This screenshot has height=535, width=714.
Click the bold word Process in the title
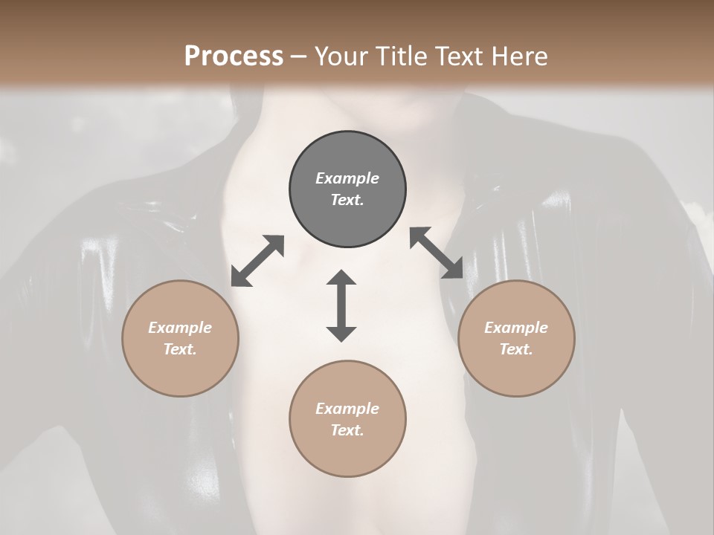point(234,56)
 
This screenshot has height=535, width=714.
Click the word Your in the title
point(342,56)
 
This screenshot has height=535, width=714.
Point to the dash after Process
point(298,56)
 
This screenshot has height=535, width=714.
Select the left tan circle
point(180,338)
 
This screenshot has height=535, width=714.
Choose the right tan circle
point(516,338)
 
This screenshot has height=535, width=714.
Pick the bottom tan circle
point(347,418)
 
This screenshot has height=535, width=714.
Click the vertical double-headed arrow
point(341,305)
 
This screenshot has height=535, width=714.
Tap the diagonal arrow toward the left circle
point(257,261)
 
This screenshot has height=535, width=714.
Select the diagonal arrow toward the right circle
point(437,253)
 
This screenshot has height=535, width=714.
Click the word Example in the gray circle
point(347,178)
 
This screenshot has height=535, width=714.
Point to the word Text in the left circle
point(180,349)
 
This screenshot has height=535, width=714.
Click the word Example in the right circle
point(516,328)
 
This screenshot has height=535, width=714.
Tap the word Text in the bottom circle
point(347,430)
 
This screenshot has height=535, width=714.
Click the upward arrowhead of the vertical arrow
point(341,278)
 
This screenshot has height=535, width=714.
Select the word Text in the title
point(460,56)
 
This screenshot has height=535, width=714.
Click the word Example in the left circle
point(180,328)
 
